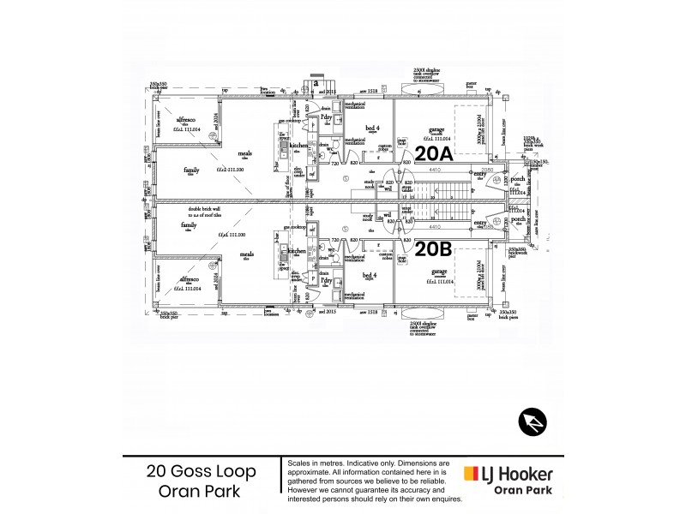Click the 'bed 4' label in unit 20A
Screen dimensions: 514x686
click(x=371, y=127)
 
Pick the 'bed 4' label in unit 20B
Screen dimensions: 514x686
click(x=371, y=275)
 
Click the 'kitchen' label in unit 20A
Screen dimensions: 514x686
click(x=298, y=147)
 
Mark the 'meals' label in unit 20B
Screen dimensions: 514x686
click(x=247, y=254)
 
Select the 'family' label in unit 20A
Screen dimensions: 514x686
click(x=191, y=170)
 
